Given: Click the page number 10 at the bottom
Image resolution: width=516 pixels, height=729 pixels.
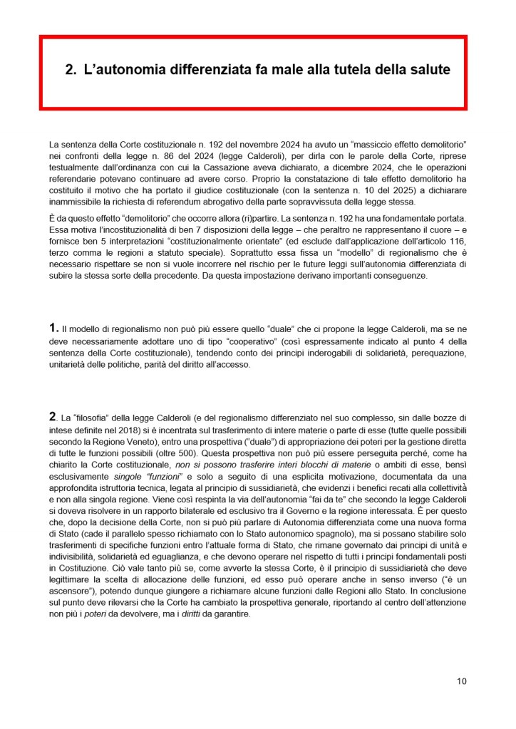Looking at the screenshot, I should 462,681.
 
